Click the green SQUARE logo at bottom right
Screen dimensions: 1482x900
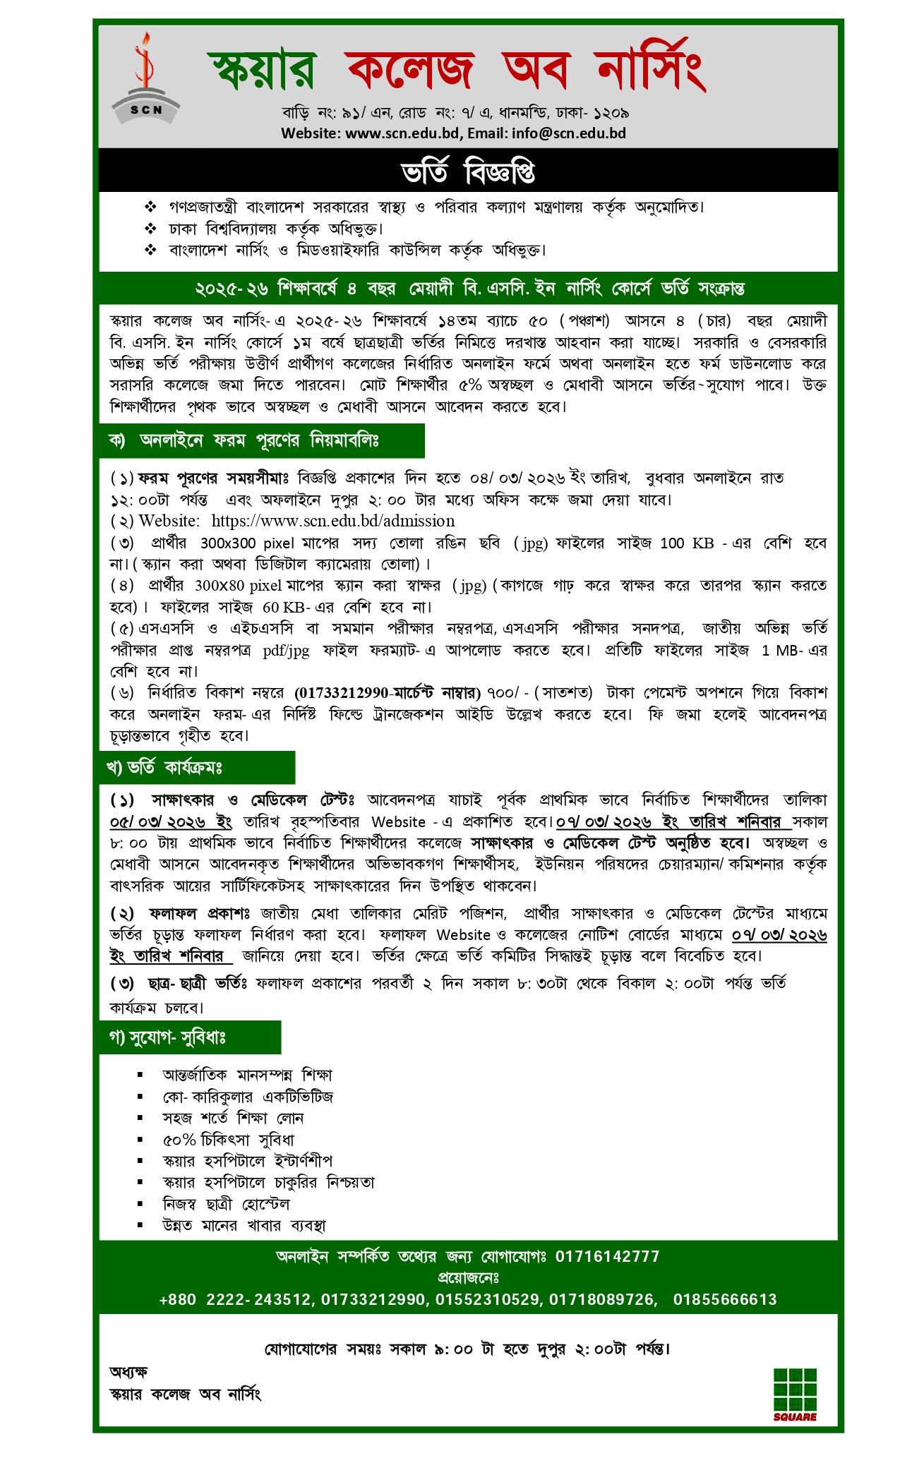(x=795, y=1393)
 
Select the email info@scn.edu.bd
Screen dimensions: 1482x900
(x=569, y=133)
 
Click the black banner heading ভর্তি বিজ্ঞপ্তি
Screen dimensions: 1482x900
(x=468, y=171)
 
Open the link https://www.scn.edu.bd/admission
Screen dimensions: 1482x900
(x=333, y=521)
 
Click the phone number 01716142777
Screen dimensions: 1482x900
(x=607, y=1256)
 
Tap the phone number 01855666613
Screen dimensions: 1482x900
(x=724, y=1299)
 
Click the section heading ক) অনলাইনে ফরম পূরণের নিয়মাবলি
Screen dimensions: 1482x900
(x=244, y=441)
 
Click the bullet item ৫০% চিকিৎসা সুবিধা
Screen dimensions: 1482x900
(x=228, y=1139)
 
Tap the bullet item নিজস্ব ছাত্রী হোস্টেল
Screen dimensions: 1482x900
(x=226, y=1203)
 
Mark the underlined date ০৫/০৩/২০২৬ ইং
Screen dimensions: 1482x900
(x=171, y=821)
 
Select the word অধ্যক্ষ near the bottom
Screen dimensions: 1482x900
(x=128, y=1372)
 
